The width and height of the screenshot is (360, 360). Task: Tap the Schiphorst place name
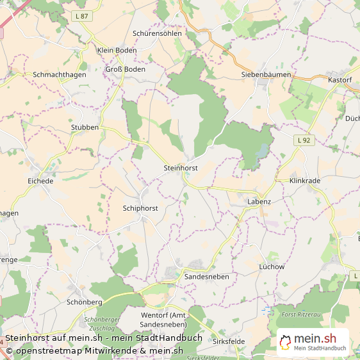[x=140, y=208]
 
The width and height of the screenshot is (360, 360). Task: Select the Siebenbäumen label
[x=266, y=74]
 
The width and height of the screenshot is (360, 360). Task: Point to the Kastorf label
[x=340, y=80]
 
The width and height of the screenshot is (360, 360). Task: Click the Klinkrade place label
[x=304, y=181]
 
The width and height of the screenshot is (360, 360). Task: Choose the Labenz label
[x=259, y=201]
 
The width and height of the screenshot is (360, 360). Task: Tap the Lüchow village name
[x=271, y=266]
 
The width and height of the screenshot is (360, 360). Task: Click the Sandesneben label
[x=206, y=276]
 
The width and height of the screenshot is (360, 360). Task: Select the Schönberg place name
[x=85, y=301]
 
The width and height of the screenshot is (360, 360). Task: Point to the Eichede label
[x=40, y=181]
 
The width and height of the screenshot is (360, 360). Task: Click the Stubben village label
[x=85, y=127]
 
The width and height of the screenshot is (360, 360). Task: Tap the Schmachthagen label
[x=60, y=74]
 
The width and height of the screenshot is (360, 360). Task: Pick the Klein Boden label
[x=117, y=50]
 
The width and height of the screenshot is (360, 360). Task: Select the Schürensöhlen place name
[x=157, y=33]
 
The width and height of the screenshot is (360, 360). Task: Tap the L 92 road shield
[x=304, y=139]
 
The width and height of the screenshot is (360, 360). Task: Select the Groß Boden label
[x=125, y=69]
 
